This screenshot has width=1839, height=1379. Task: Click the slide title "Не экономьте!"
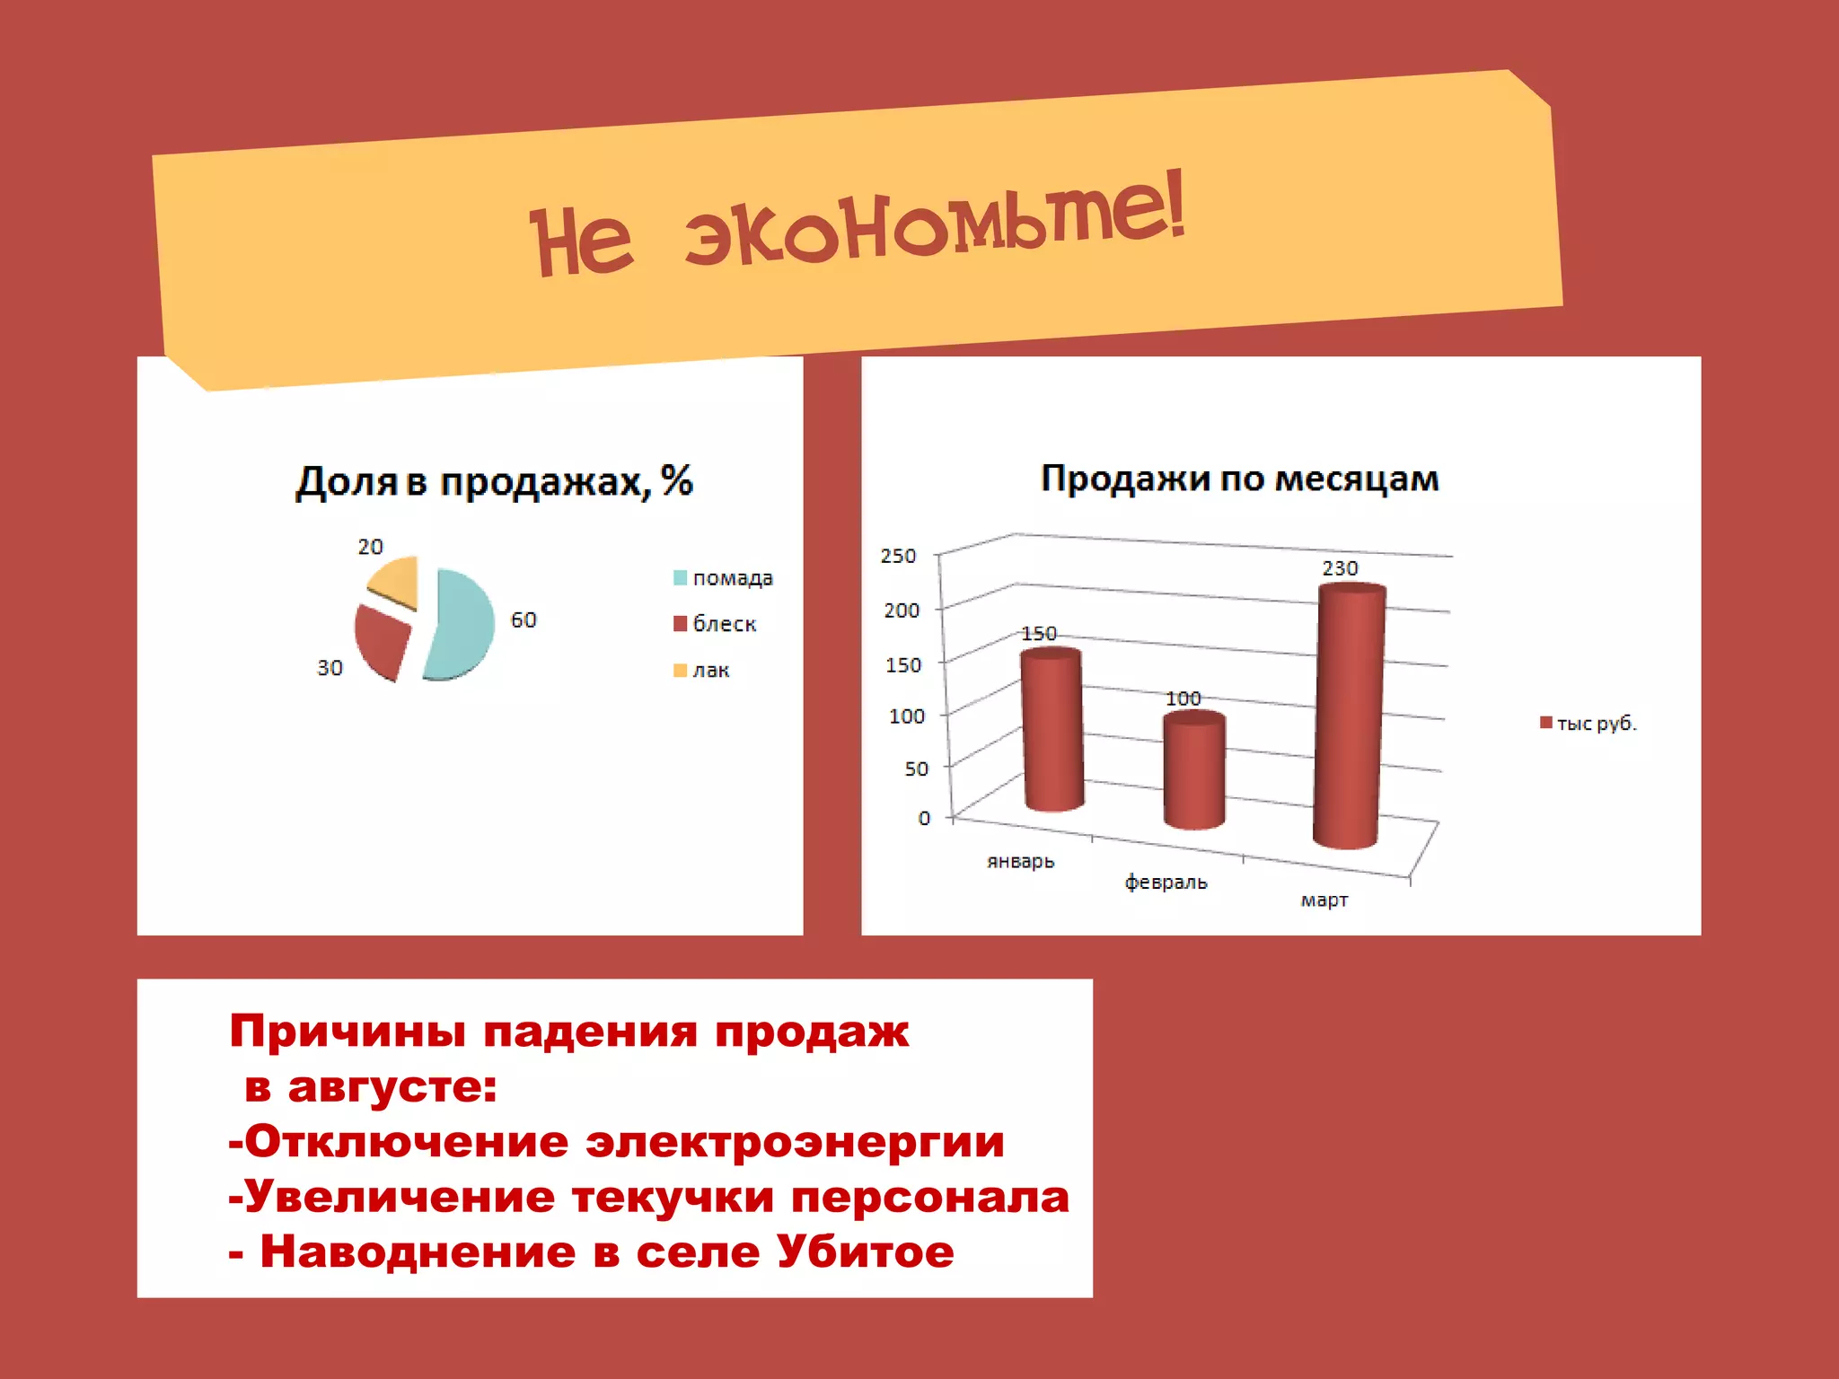(858, 229)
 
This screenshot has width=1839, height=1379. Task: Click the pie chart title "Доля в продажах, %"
(494, 482)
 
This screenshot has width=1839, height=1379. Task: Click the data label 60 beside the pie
(524, 620)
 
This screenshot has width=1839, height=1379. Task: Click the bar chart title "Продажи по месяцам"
(1239, 479)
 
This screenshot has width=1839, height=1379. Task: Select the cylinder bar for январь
(1051, 729)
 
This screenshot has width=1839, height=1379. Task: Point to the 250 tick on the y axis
(898, 556)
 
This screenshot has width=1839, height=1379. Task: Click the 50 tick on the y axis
(916, 769)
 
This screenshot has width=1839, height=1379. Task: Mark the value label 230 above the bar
(1340, 568)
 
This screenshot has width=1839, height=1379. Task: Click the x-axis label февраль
(1166, 883)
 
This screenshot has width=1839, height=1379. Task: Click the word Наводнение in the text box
(418, 1252)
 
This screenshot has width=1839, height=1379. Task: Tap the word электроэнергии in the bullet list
(795, 1142)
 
